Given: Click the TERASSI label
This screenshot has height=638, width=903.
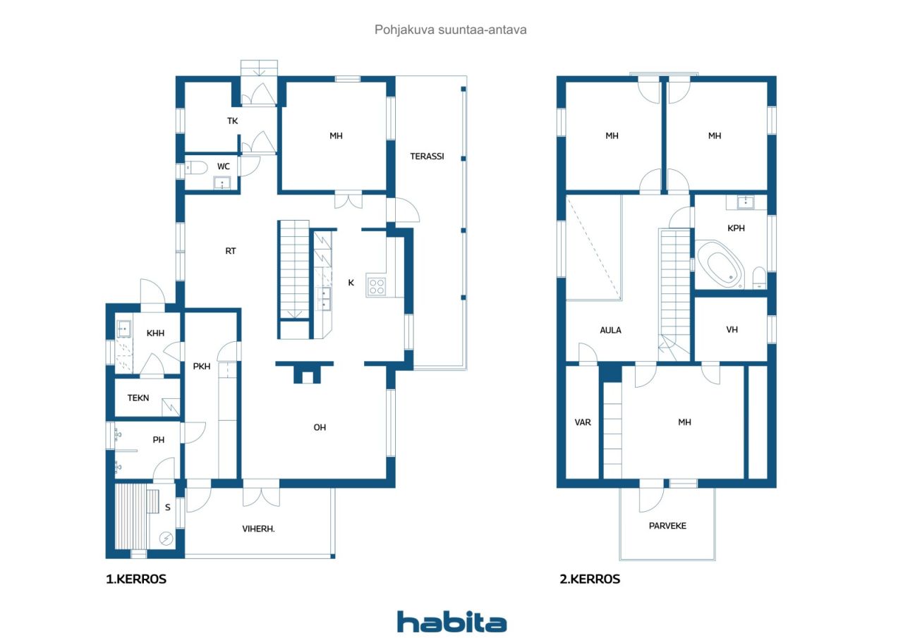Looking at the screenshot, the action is click(x=427, y=157).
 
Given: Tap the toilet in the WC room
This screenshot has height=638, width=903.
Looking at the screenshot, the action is click(x=196, y=167).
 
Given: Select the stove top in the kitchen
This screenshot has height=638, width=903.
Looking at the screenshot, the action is click(x=377, y=286).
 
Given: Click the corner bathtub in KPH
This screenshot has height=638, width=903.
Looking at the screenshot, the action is click(x=722, y=264).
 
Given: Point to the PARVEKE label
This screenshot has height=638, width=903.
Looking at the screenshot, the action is click(x=667, y=526).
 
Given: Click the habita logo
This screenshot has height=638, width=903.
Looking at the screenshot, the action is click(x=451, y=622).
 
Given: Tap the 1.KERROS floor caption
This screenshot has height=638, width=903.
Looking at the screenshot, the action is click(x=136, y=579).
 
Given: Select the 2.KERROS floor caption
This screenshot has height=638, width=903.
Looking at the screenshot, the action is click(x=590, y=579).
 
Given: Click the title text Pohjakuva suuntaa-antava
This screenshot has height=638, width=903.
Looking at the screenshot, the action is click(x=450, y=30).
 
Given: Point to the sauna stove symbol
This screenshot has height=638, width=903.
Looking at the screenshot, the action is click(x=166, y=539).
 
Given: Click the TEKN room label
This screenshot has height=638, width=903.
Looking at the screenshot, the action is click(x=138, y=398).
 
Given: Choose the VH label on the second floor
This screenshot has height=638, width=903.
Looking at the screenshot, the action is click(x=732, y=329).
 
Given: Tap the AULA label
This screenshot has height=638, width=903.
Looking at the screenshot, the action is click(x=610, y=330).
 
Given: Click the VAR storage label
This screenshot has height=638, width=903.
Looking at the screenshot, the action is click(x=583, y=422).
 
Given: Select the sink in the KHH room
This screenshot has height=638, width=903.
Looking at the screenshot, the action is click(x=123, y=329).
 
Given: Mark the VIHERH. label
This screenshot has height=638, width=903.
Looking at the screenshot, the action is click(x=258, y=529).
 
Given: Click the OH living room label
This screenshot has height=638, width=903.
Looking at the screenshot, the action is click(x=320, y=427).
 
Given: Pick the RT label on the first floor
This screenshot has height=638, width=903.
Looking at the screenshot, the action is click(x=230, y=251).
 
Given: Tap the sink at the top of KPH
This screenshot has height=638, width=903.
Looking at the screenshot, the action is click(x=746, y=202).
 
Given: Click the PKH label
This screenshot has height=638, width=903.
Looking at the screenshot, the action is click(x=202, y=366).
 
